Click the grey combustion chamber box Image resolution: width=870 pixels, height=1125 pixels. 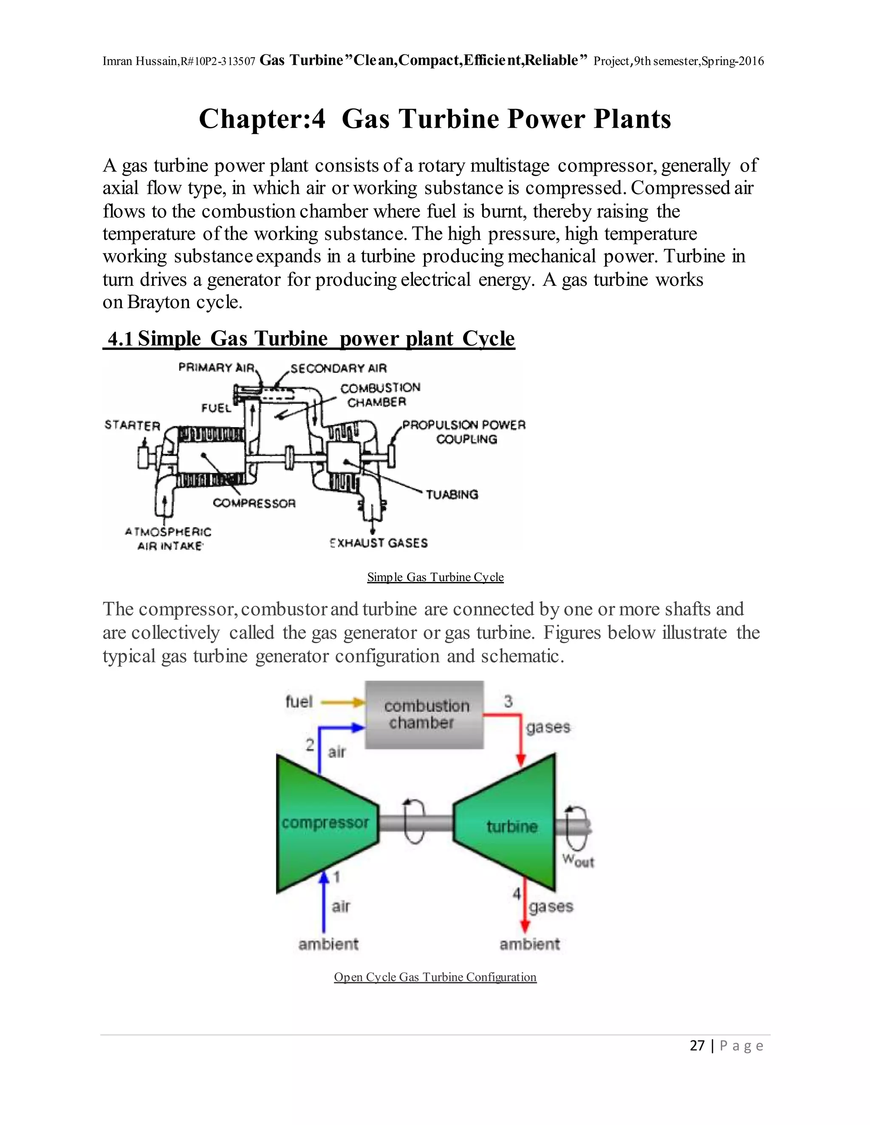[424, 714]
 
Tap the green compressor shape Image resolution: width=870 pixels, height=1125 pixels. [325, 823]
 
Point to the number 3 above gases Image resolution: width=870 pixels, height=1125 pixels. [508, 701]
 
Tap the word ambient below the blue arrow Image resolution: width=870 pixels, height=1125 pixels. [328, 944]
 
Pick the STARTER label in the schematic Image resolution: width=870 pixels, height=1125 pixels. [133, 425]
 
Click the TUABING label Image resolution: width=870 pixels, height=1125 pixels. [452, 495]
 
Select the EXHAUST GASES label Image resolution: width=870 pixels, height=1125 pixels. [379, 543]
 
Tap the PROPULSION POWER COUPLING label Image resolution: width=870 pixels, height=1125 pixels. [464, 432]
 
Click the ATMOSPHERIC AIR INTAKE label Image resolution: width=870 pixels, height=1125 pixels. [169, 539]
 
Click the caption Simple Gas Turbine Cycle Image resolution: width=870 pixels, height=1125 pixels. [435, 577]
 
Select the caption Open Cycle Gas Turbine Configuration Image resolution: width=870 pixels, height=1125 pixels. [435, 977]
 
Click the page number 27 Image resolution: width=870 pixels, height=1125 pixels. [697, 1045]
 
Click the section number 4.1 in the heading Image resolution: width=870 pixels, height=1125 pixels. [120, 338]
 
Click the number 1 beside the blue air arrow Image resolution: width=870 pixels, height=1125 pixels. [336, 876]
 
